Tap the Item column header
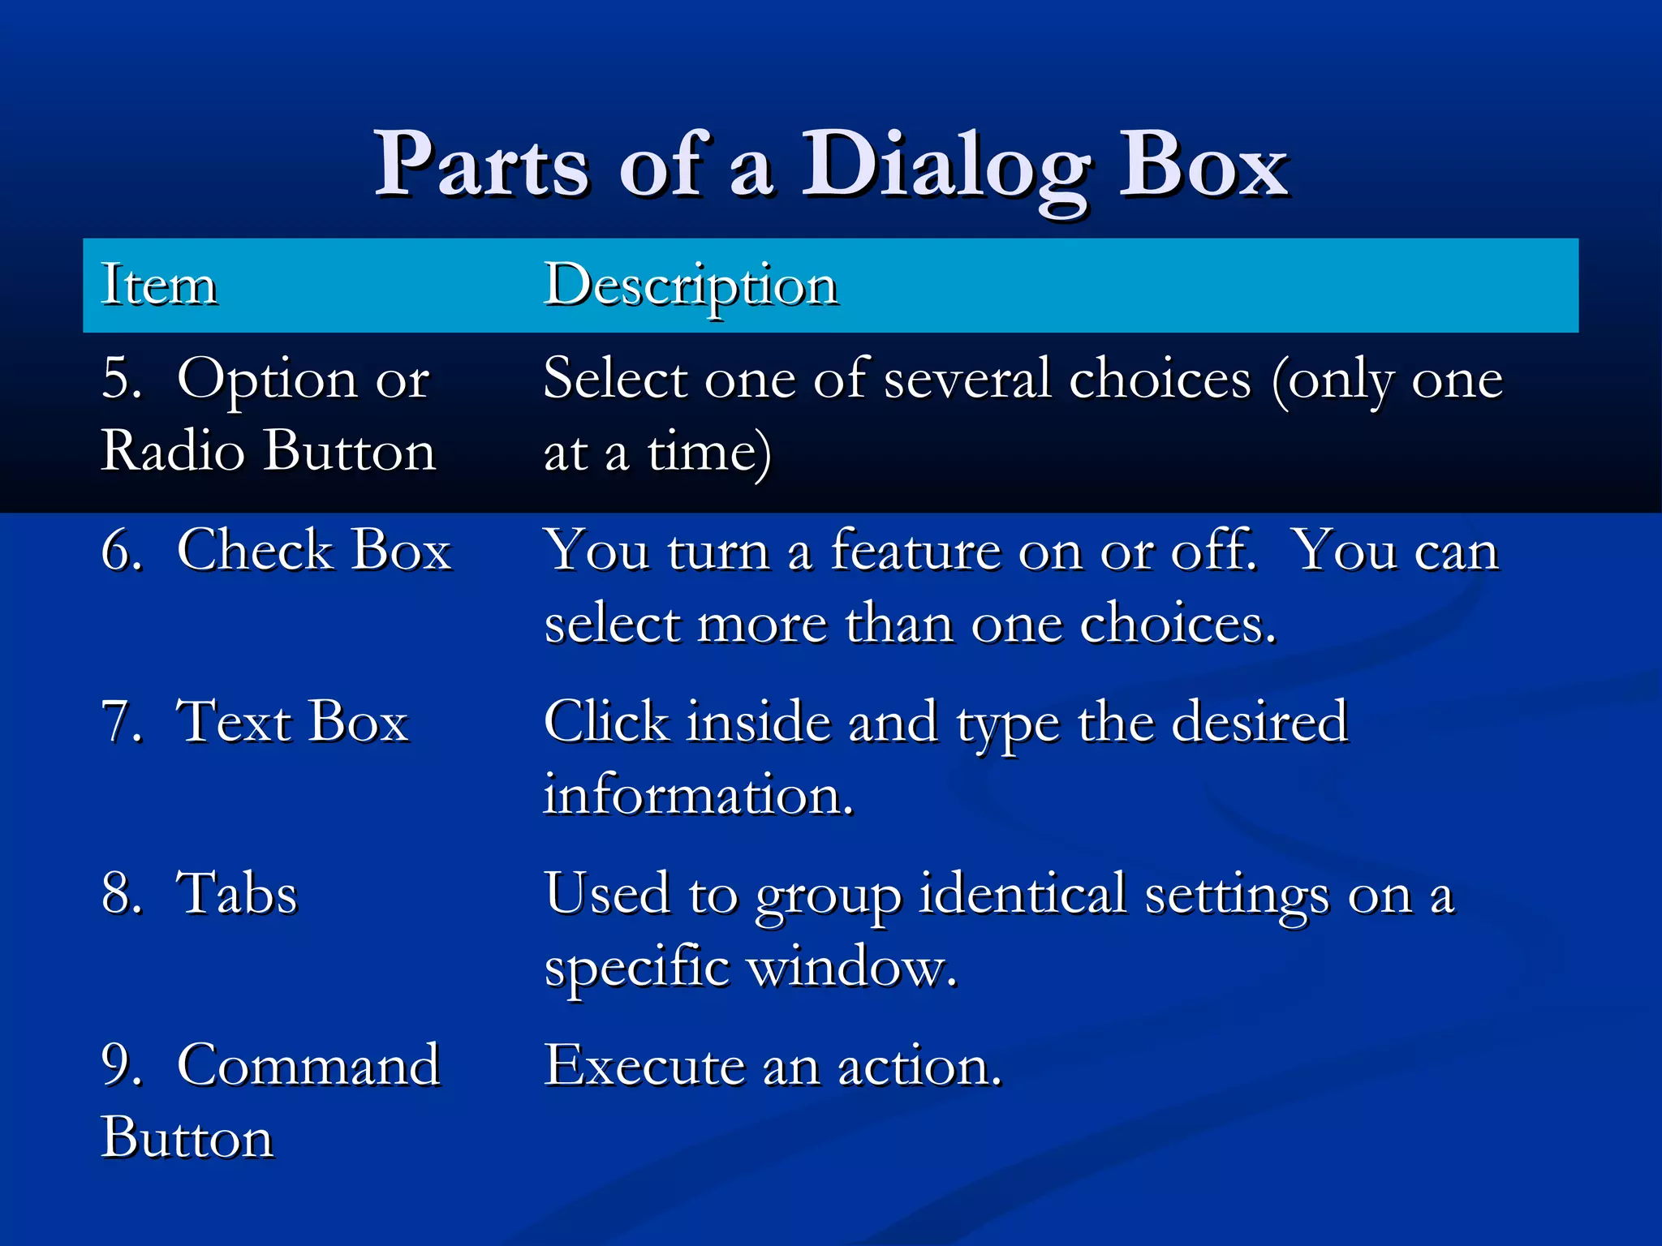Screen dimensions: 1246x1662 [159, 286]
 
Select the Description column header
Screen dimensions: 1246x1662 [691, 286]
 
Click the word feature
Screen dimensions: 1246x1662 [916, 551]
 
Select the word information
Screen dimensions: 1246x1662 [698, 795]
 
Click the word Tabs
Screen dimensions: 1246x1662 [237, 894]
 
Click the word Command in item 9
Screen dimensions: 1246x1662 [308, 1065]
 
